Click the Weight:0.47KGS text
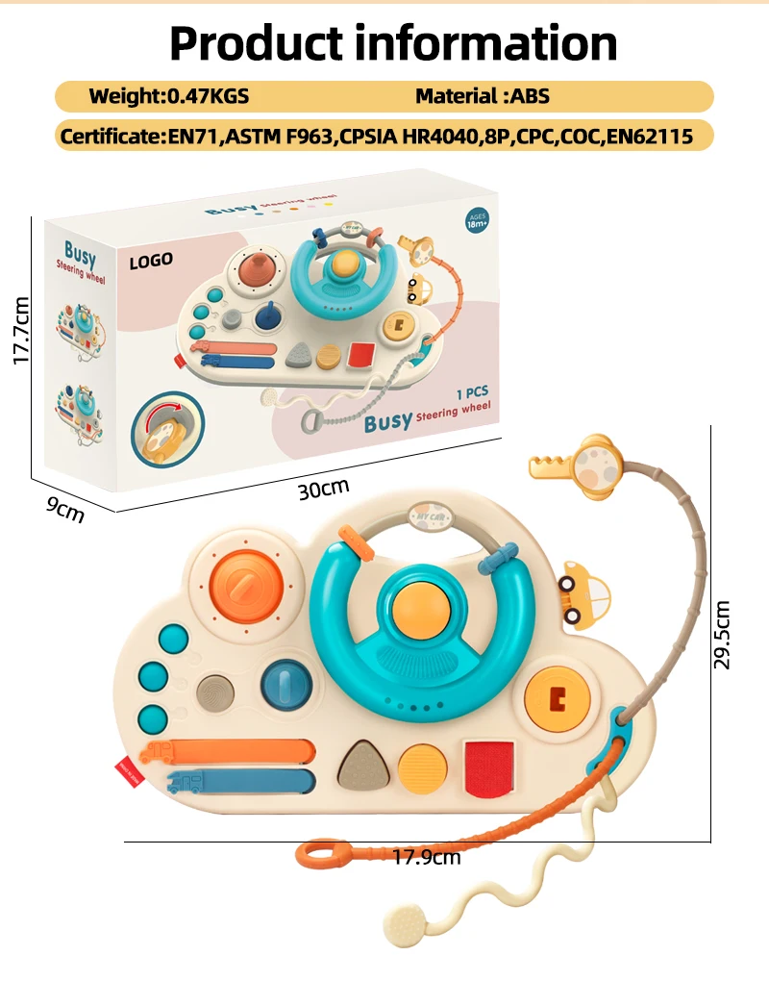[x=168, y=96]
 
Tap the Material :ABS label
[x=482, y=96]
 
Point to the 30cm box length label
[x=323, y=489]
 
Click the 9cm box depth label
[x=65, y=510]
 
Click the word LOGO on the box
[x=151, y=260]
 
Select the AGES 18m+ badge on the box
[x=476, y=219]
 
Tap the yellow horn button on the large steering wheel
[x=420, y=603]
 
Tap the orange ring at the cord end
[x=322, y=852]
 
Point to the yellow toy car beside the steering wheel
[x=583, y=590]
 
